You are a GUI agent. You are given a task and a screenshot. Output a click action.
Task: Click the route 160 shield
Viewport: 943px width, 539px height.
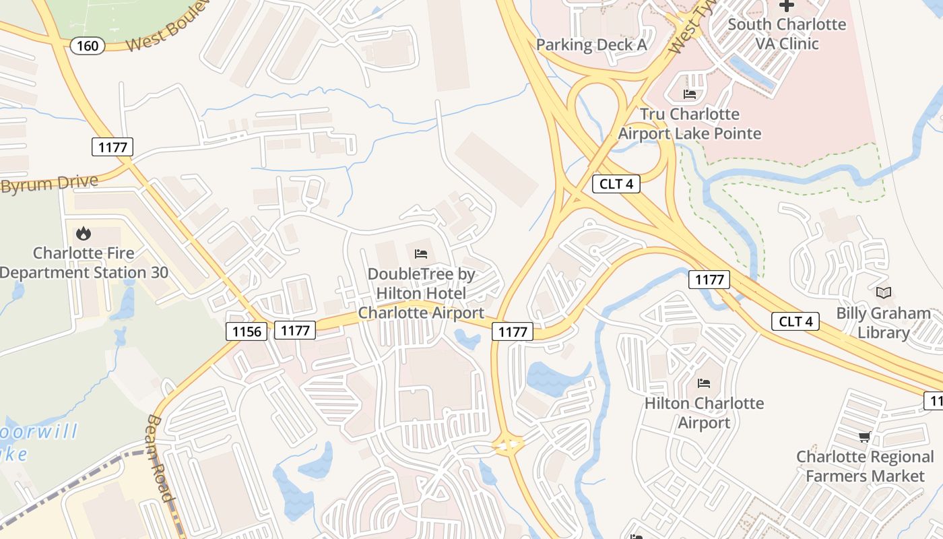[88, 46]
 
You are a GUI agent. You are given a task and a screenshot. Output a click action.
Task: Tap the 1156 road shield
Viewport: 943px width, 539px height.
[246, 331]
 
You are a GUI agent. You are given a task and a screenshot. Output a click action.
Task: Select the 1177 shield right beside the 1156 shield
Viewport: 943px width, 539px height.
[295, 330]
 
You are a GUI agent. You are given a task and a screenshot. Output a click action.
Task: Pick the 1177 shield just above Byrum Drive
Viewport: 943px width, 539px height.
[112, 147]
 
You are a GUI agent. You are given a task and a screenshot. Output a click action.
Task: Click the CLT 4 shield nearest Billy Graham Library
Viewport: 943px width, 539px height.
[795, 321]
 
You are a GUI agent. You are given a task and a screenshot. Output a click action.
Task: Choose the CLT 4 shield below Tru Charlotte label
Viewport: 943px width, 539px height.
[616, 183]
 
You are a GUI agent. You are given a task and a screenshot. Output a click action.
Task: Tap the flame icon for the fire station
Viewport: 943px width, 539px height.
[84, 233]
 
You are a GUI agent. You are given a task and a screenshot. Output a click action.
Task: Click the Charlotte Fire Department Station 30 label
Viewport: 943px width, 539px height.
[84, 263]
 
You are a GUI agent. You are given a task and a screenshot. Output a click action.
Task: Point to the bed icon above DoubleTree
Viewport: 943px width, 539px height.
[421, 254]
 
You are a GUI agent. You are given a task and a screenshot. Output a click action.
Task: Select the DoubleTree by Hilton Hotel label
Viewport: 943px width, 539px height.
[421, 293]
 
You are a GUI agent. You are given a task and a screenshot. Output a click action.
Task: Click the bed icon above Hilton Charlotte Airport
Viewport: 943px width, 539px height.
[704, 383]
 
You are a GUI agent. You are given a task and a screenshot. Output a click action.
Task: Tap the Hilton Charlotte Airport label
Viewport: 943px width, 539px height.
[704, 412]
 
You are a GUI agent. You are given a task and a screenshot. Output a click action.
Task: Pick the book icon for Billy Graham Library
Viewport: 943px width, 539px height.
[883, 292]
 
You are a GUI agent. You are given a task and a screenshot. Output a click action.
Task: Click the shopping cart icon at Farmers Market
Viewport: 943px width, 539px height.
[865, 437]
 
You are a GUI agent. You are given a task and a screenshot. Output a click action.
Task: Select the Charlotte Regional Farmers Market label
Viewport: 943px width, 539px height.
[865, 466]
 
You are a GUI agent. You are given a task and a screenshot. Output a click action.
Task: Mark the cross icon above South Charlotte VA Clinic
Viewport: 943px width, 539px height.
[786, 5]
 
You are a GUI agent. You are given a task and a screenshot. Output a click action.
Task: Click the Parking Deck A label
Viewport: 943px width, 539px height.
[591, 44]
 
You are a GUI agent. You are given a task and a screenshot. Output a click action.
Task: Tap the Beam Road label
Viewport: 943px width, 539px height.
[160, 458]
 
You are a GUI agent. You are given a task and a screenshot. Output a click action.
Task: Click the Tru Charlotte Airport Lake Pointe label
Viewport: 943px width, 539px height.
[689, 123]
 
